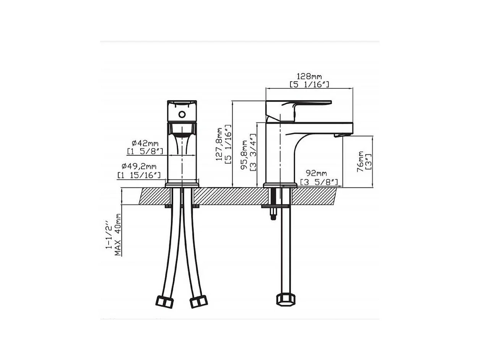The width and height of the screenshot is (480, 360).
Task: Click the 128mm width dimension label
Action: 309,76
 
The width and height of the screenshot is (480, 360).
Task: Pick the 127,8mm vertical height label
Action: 219,144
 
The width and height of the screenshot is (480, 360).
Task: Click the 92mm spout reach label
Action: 313,174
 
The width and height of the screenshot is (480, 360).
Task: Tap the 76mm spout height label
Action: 360,161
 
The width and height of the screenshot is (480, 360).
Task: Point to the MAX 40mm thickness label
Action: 118,235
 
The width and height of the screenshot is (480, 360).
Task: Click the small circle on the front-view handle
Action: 182,114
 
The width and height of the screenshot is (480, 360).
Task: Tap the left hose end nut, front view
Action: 165,302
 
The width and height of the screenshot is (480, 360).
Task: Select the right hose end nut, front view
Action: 199,302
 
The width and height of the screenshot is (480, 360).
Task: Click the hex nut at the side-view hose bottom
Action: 283,299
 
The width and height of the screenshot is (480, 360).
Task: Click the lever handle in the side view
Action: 298,105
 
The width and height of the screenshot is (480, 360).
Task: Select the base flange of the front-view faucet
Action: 182,185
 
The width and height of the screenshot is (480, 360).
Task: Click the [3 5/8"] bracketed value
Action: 319,182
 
